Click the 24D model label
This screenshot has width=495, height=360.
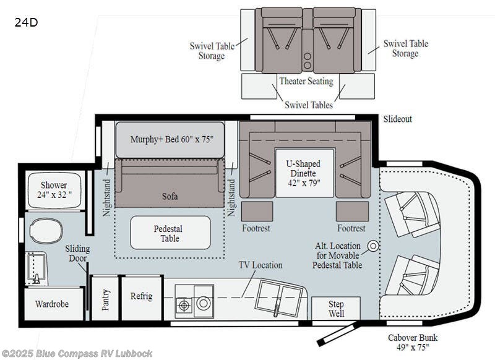coord(26,22)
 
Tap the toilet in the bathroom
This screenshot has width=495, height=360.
coord(46,230)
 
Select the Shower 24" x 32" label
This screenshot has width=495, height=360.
coord(54,190)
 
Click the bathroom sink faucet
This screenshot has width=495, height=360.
coord(37,279)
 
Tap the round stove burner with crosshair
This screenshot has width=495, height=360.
coord(184,305)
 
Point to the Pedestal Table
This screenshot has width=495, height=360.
coord(170,233)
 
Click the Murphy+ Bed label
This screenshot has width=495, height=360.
coord(172,139)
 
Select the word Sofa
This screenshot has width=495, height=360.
coord(170,196)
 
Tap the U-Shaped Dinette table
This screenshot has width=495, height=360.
coord(304,173)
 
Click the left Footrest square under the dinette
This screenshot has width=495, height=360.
coord(257,212)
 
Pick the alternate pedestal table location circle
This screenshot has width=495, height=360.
coord(374,246)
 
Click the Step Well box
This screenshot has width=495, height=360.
coord(336,309)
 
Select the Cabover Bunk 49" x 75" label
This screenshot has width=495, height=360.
coord(413,342)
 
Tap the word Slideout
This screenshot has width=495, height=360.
coord(398,119)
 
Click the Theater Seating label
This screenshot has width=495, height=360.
coord(306,81)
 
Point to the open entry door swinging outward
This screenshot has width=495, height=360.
coord(337,333)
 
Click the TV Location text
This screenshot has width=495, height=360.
coord(260,265)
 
